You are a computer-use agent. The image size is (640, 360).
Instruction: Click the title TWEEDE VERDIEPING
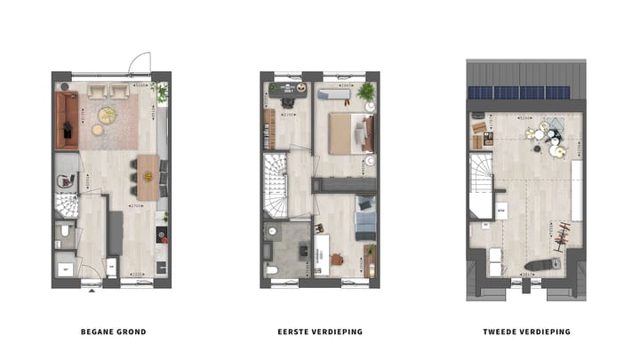[x=526, y=332]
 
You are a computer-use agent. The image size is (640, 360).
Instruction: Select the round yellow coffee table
[x=107, y=115]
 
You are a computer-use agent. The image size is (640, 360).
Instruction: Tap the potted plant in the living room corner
[x=161, y=90]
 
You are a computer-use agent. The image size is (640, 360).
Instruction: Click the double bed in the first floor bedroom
[x=350, y=132]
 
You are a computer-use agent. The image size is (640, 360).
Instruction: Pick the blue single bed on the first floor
[x=364, y=219]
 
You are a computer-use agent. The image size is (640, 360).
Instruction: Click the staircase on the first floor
[x=276, y=187]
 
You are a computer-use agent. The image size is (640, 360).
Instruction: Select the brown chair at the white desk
[x=337, y=259]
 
